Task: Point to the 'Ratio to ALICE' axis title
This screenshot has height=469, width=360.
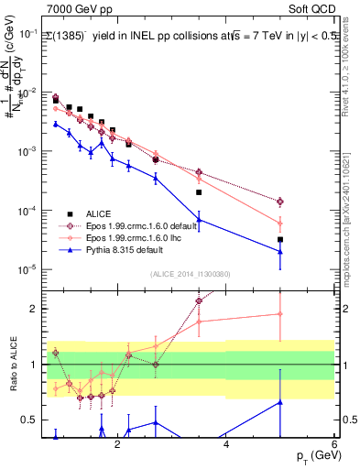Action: pos(13,364)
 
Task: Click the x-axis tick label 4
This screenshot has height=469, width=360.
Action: pos(225,445)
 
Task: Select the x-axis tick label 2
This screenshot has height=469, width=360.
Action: pos(116,445)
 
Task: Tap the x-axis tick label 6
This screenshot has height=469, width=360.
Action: pos(334,445)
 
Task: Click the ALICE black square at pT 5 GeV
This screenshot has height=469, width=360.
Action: pos(280,240)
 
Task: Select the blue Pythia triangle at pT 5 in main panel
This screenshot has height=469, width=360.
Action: pos(280,252)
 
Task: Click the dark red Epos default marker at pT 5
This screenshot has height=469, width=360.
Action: pos(280,202)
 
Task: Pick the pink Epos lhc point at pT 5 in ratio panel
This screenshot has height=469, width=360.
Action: pos(280,314)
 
